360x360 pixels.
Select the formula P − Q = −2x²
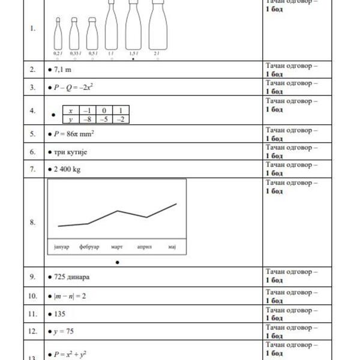tap(74, 88)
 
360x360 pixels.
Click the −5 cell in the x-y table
tap(106, 119)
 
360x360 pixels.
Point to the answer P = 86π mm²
tap(74, 134)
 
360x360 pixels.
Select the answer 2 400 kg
tap(68, 169)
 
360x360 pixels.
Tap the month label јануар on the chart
tap(59, 247)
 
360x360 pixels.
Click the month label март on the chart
tap(117, 247)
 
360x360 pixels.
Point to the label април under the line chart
tap(145, 247)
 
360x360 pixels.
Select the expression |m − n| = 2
tap(73, 296)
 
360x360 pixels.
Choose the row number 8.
tap(32, 222)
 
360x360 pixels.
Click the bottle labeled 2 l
tap(157, 27)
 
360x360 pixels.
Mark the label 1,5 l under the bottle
tap(133, 53)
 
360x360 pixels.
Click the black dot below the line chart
tap(118, 262)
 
